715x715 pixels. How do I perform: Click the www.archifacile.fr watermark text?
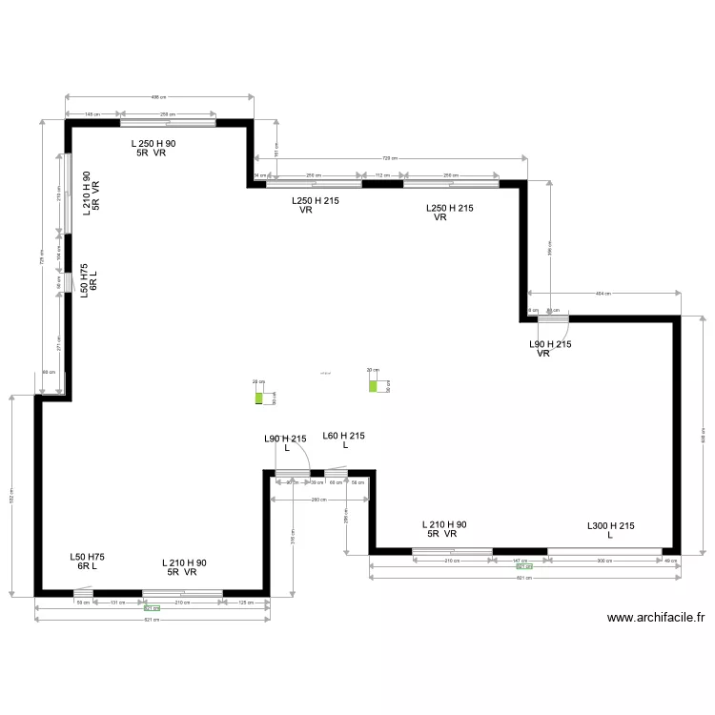(x=655, y=618)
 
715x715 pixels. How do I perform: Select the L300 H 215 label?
(x=610, y=530)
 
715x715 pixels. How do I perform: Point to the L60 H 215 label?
(x=343, y=440)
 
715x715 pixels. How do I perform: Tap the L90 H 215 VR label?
(x=550, y=348)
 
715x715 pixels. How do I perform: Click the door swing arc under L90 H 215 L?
(x=296, y=460)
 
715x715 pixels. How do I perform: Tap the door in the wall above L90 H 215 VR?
(x=552, y=318)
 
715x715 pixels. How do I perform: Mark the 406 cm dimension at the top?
(x=159, y=96)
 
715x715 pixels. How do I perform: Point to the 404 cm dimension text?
(x=603, y=294)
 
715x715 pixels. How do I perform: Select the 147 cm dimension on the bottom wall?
(x=520, y=561)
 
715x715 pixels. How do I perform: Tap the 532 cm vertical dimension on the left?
(x=12, y=494)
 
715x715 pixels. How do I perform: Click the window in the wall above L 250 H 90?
(x=167, y=122)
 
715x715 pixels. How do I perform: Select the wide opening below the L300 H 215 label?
(x=604, y=550)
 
